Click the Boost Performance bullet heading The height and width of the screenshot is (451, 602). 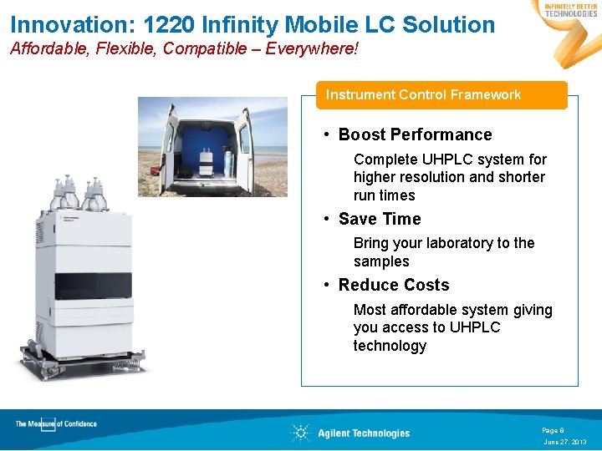[x=415, y=134]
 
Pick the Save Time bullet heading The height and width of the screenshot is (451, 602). [x=380, y=219]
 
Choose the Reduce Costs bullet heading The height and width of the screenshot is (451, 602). [x=394, y=285]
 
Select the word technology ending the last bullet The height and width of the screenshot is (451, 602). [x=390, y=346]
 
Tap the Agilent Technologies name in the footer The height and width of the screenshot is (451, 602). [x=364, y=433]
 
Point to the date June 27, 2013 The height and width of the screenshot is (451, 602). [x=565, y=442]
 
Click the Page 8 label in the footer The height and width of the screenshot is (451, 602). [x=553, y=430]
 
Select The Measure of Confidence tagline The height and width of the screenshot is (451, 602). [x=56, y=424]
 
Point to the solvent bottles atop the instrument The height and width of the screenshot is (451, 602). [x=75, y=194]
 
